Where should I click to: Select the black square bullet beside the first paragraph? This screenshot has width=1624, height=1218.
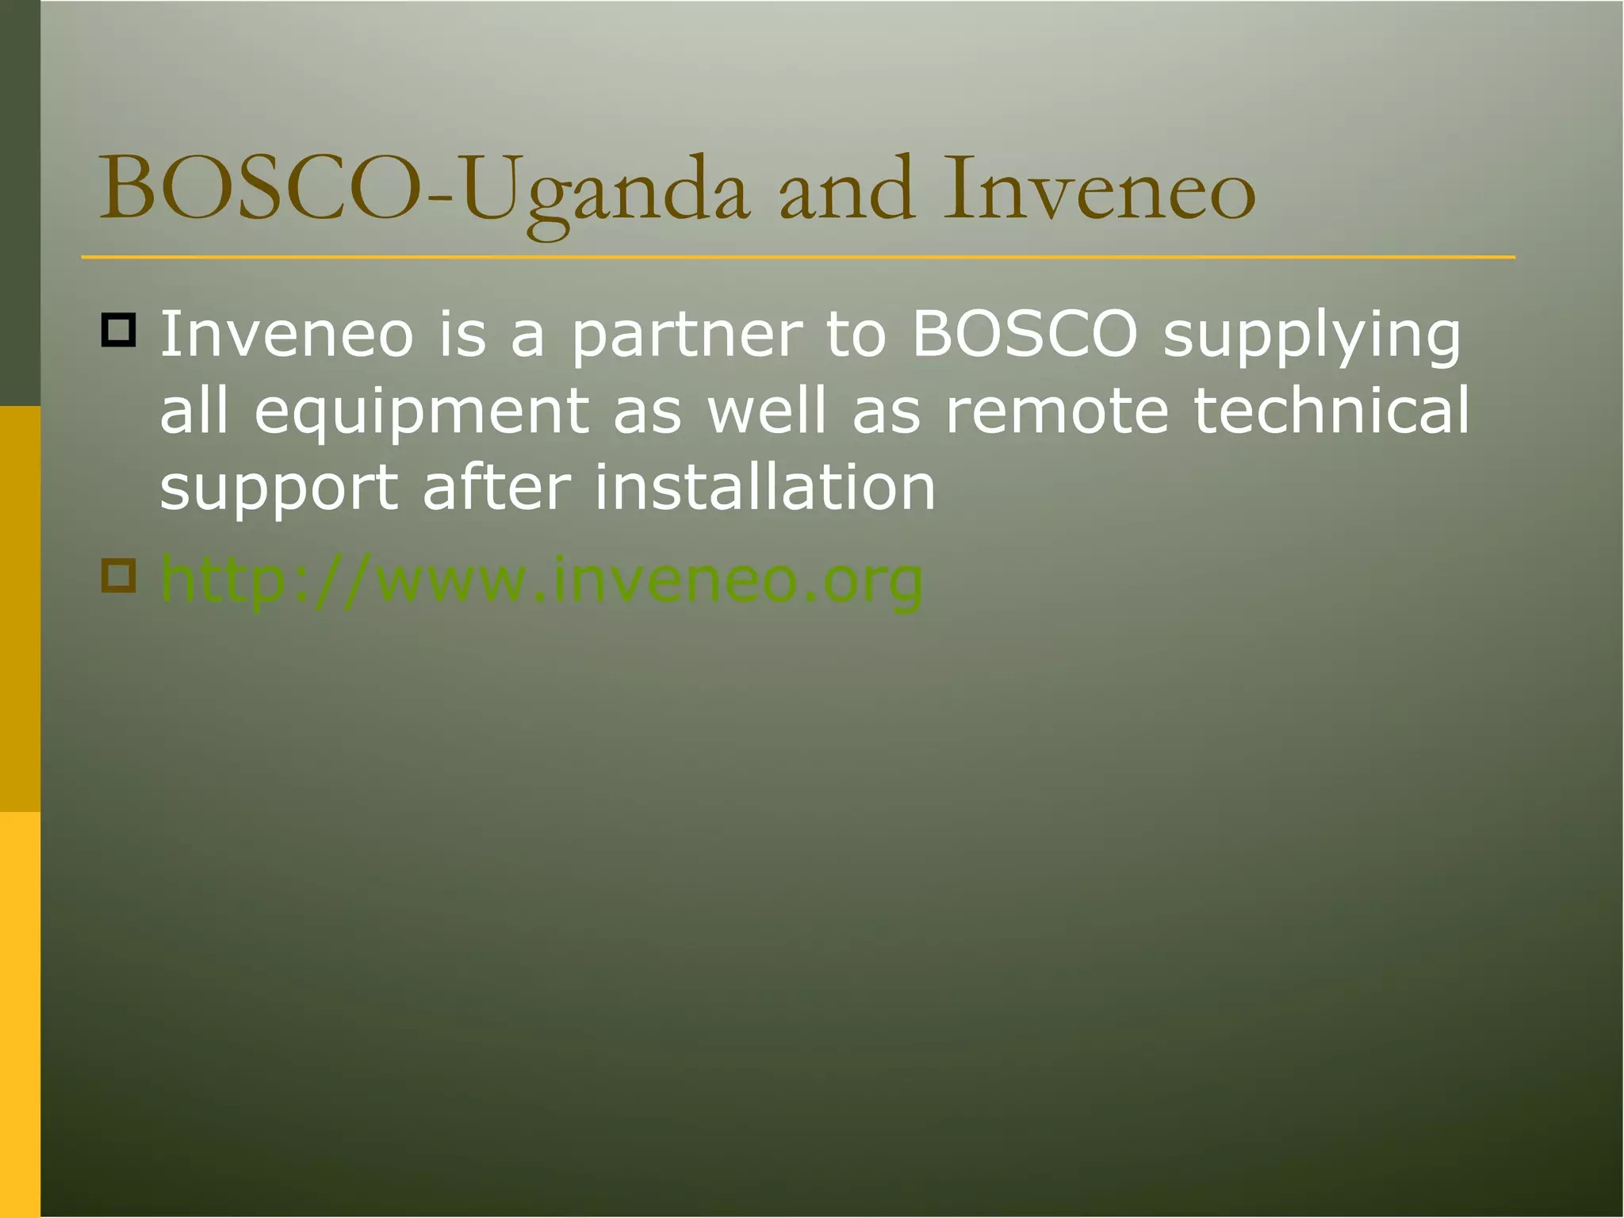pos(119,330)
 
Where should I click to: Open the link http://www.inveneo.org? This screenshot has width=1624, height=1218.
pos(542,581)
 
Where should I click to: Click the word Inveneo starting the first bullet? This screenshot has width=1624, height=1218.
pos(286,335)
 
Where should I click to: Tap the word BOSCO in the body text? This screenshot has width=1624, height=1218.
pos(1024,335)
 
